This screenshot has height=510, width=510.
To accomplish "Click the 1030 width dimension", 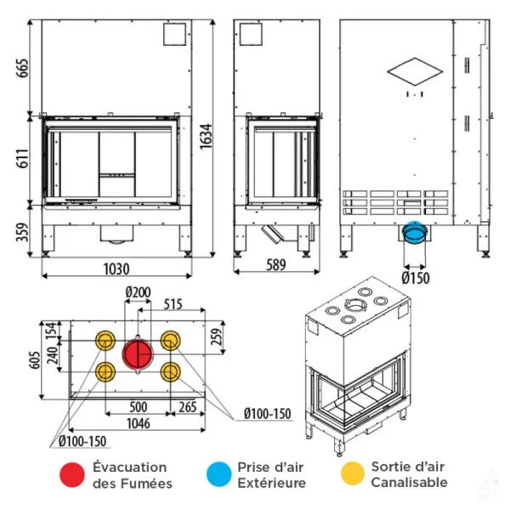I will [116, 269].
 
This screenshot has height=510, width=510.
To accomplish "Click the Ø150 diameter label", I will [415, 277].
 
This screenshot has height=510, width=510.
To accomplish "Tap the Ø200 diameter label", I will [137, 293].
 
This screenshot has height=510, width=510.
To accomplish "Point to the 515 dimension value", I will [173, 303].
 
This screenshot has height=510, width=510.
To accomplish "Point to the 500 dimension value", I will [138, 406].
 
